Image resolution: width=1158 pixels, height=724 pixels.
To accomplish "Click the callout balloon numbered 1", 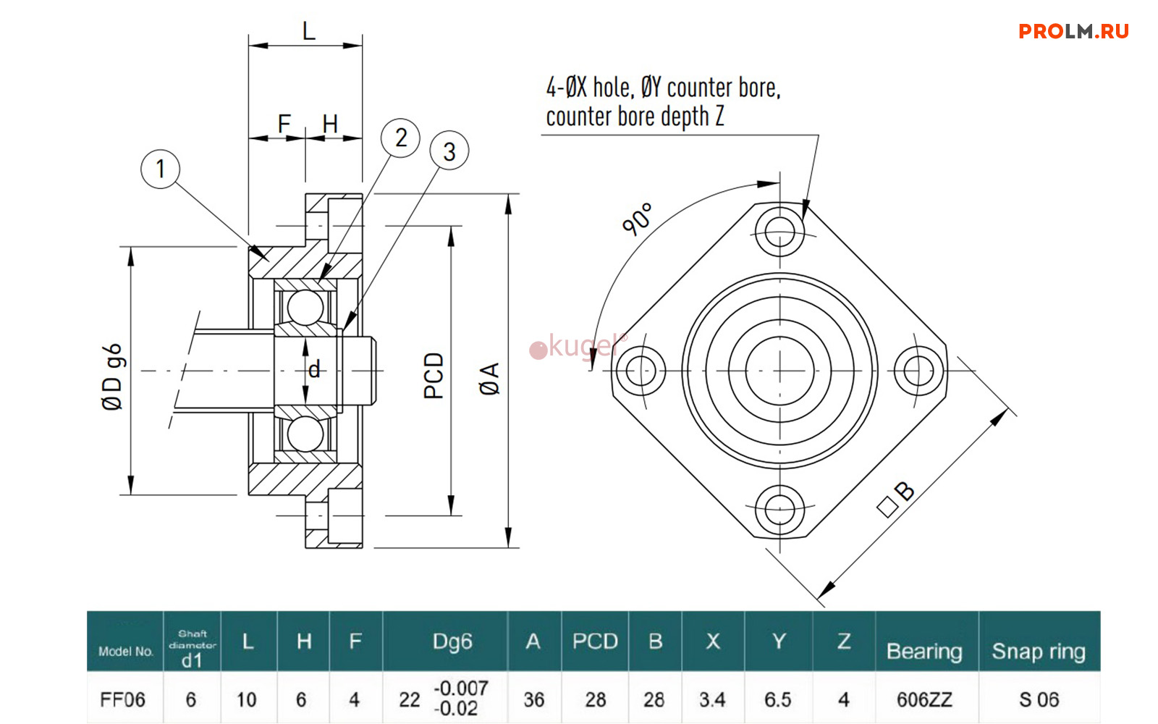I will (160, 169).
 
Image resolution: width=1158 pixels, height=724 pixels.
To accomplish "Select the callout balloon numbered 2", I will (400, 138).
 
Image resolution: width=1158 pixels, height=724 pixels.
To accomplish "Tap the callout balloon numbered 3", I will (449, 151).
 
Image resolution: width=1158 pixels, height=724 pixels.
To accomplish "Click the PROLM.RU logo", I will (1073, 31).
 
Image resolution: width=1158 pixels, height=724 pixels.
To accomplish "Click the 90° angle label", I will (638, 219).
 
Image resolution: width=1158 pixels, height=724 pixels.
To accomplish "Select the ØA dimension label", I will (490, 379).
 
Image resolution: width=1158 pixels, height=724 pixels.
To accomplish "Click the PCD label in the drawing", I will (434, 376).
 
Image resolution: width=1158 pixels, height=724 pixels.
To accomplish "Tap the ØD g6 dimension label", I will (113, 377).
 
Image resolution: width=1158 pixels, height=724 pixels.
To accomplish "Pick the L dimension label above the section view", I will (309, 32).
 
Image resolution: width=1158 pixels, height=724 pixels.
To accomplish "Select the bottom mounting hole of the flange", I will (779, 510).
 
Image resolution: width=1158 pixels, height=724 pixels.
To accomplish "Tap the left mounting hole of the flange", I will (641, 371).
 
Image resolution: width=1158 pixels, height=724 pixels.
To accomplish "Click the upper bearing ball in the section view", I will (305, 307).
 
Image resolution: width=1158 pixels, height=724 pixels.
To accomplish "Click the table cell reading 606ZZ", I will (924, 699).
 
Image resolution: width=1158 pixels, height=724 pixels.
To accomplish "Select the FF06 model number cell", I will (123, 699).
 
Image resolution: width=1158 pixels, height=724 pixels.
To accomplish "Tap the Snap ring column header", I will (1039, 651).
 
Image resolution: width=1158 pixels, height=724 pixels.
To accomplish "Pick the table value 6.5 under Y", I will (778, 699).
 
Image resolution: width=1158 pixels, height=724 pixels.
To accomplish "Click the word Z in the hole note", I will (719, 117).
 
